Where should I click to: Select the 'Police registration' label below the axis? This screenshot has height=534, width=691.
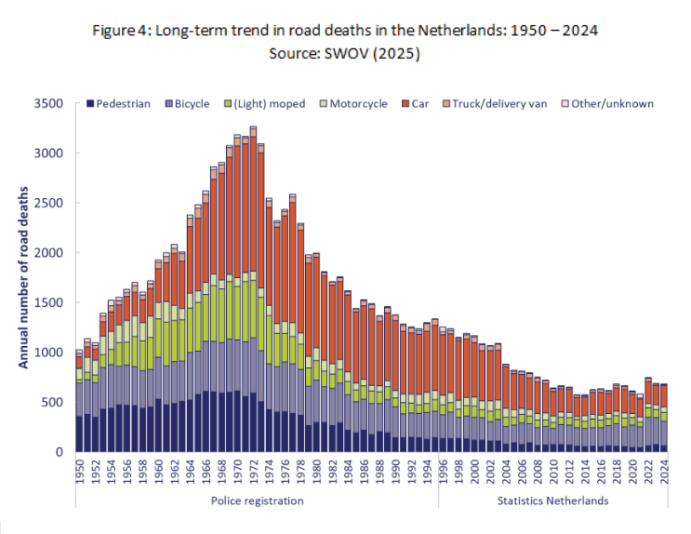click(257, 501)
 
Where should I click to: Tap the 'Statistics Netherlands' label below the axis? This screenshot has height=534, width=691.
click(553, 501)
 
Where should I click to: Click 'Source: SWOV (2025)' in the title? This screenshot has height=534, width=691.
click(345, 54)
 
